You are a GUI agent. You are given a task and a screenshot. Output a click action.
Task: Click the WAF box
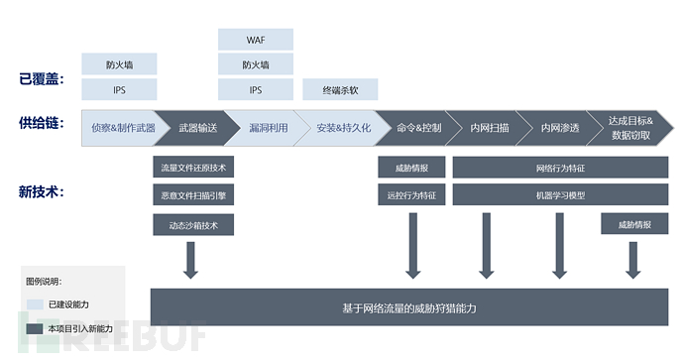coord(256,40)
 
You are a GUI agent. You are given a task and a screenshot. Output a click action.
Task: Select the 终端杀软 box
coord(340,89)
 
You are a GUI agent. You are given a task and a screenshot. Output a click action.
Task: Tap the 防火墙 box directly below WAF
coord(256,64)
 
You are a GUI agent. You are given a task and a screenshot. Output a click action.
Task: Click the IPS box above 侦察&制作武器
coord(118,89)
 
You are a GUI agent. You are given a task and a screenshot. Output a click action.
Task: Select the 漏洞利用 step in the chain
coord(268,128)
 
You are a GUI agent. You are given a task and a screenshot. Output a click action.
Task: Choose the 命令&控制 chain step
coord(416,128)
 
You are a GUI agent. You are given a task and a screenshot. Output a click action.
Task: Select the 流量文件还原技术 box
coord(193,168)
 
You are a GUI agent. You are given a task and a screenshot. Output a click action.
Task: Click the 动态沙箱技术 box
coord(193,225)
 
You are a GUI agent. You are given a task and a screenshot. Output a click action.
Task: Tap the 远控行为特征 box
coord(411,195)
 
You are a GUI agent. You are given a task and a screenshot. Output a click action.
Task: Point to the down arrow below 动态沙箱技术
coord(191,260)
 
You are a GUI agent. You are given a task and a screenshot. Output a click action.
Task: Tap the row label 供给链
coord(40,123)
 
